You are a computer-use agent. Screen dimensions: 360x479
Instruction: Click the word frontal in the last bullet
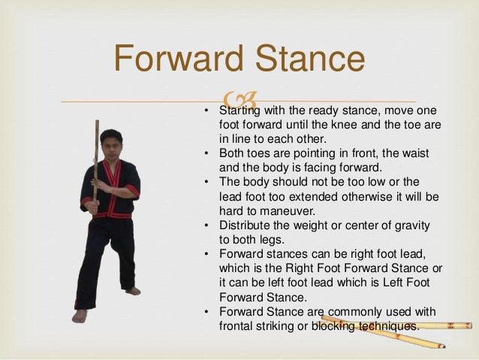point(236,326)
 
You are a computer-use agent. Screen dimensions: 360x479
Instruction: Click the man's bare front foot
point(80,316)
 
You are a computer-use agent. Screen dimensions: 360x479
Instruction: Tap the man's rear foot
point(133,290)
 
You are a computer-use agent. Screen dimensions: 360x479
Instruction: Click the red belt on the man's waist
point(110,214)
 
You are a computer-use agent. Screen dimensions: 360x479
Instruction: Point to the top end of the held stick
point(96,123)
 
